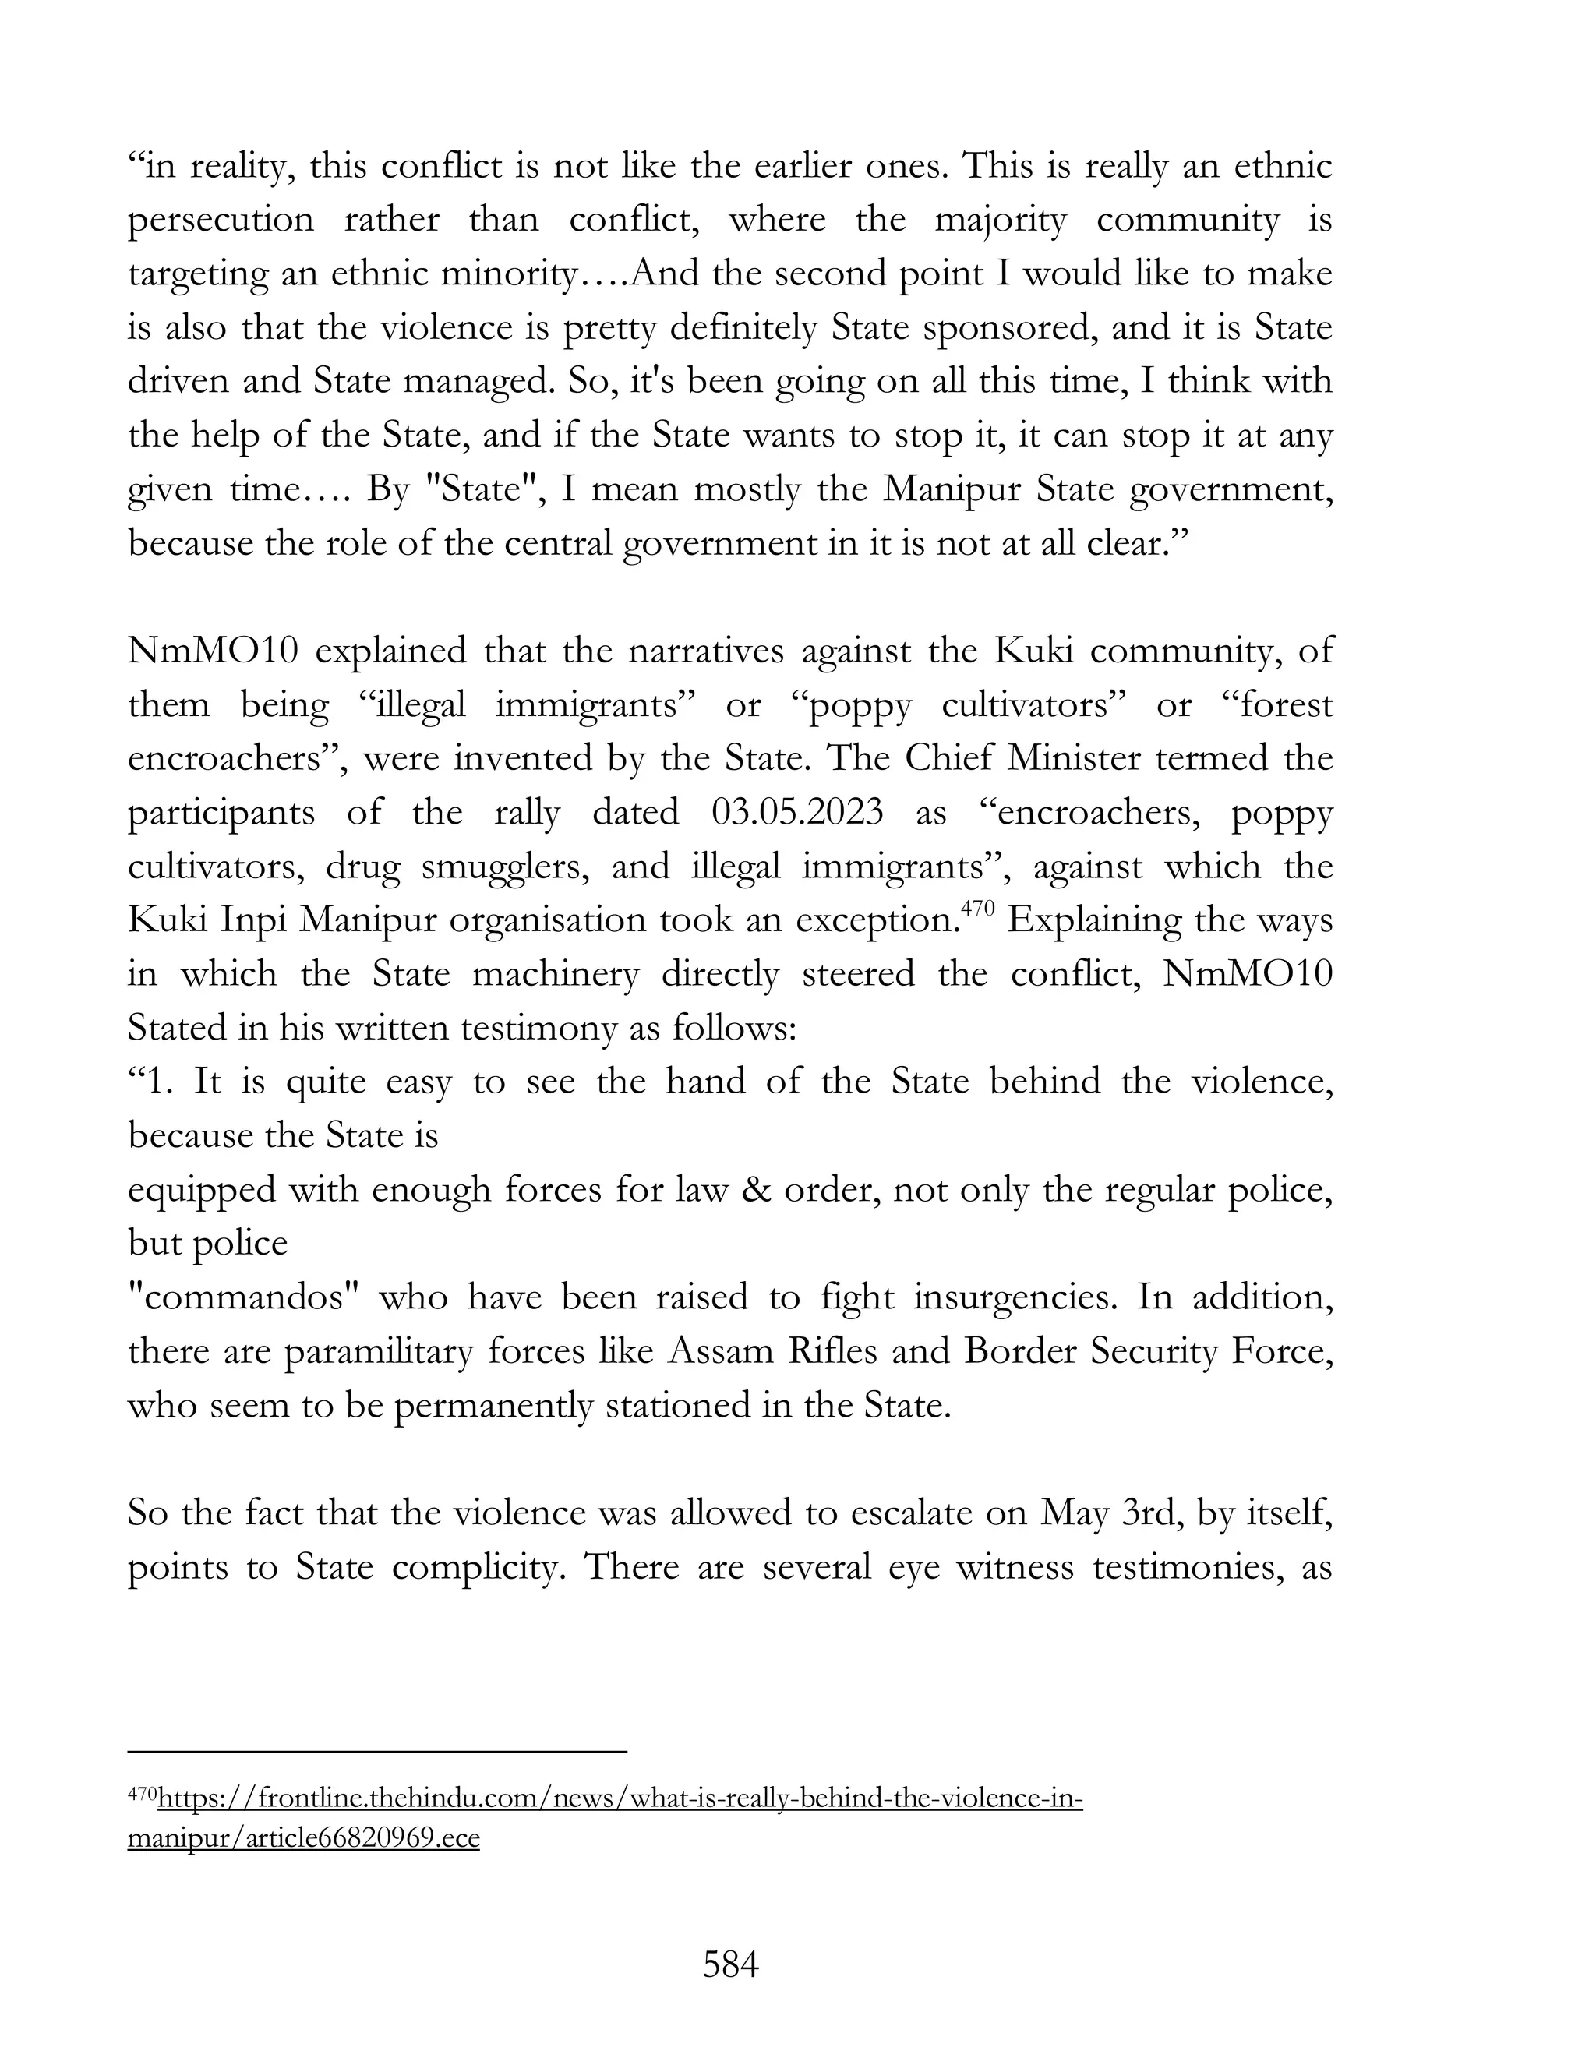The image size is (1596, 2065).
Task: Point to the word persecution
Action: pyautogui.click(x=221, y=221)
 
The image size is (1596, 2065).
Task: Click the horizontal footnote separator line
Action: pyautogui.click(x=377, y=1751)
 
